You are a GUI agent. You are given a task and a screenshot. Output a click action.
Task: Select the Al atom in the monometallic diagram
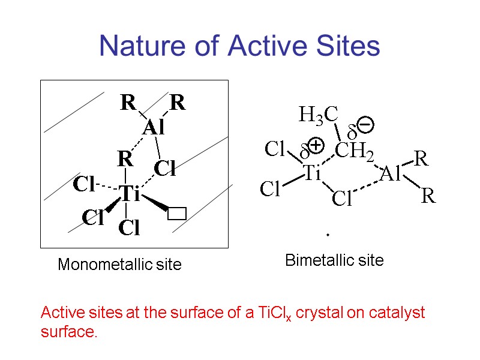[x=154, y=128]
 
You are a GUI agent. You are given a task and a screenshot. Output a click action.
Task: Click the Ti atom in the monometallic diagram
[x=129, y=194]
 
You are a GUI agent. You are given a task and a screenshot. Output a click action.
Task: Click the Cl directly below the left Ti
[x=129, y=228]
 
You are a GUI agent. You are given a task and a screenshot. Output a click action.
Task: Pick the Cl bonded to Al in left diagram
[x=165, y=169]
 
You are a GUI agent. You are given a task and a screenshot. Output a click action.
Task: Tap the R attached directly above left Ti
[x=124, y=160]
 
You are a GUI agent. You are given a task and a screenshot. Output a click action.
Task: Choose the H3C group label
[x=319, y=115]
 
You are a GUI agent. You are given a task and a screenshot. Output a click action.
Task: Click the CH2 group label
[x=354, y=151]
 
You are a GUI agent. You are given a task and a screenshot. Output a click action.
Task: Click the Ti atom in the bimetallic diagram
[x=311, y=174]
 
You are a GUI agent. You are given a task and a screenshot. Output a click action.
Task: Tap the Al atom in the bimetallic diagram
[x=390, y=175]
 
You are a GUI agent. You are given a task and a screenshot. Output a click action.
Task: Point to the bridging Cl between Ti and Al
[x=341, y=199]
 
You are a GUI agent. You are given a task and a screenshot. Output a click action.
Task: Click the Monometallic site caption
[x=119, y=265]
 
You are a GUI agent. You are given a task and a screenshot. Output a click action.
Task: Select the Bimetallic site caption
[x=334, y=260]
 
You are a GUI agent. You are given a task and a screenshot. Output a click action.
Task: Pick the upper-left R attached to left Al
[x=128, y=103]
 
